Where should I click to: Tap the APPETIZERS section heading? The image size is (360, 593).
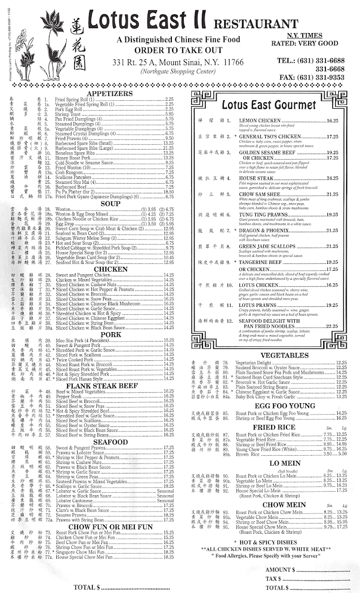109,93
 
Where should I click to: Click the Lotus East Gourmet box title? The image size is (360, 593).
269,105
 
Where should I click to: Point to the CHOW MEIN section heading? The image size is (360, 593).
271,505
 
